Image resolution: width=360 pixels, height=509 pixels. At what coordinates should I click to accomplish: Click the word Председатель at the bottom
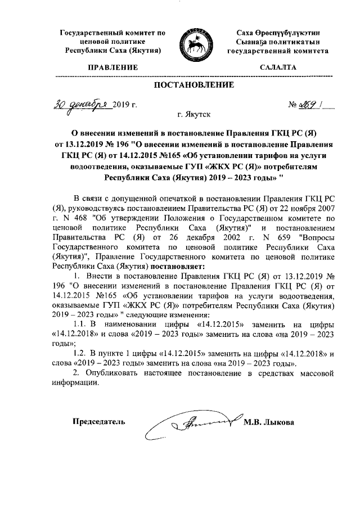pos(99,422)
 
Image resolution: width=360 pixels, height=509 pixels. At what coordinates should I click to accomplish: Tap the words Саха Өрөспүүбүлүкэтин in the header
pos(278,33)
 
